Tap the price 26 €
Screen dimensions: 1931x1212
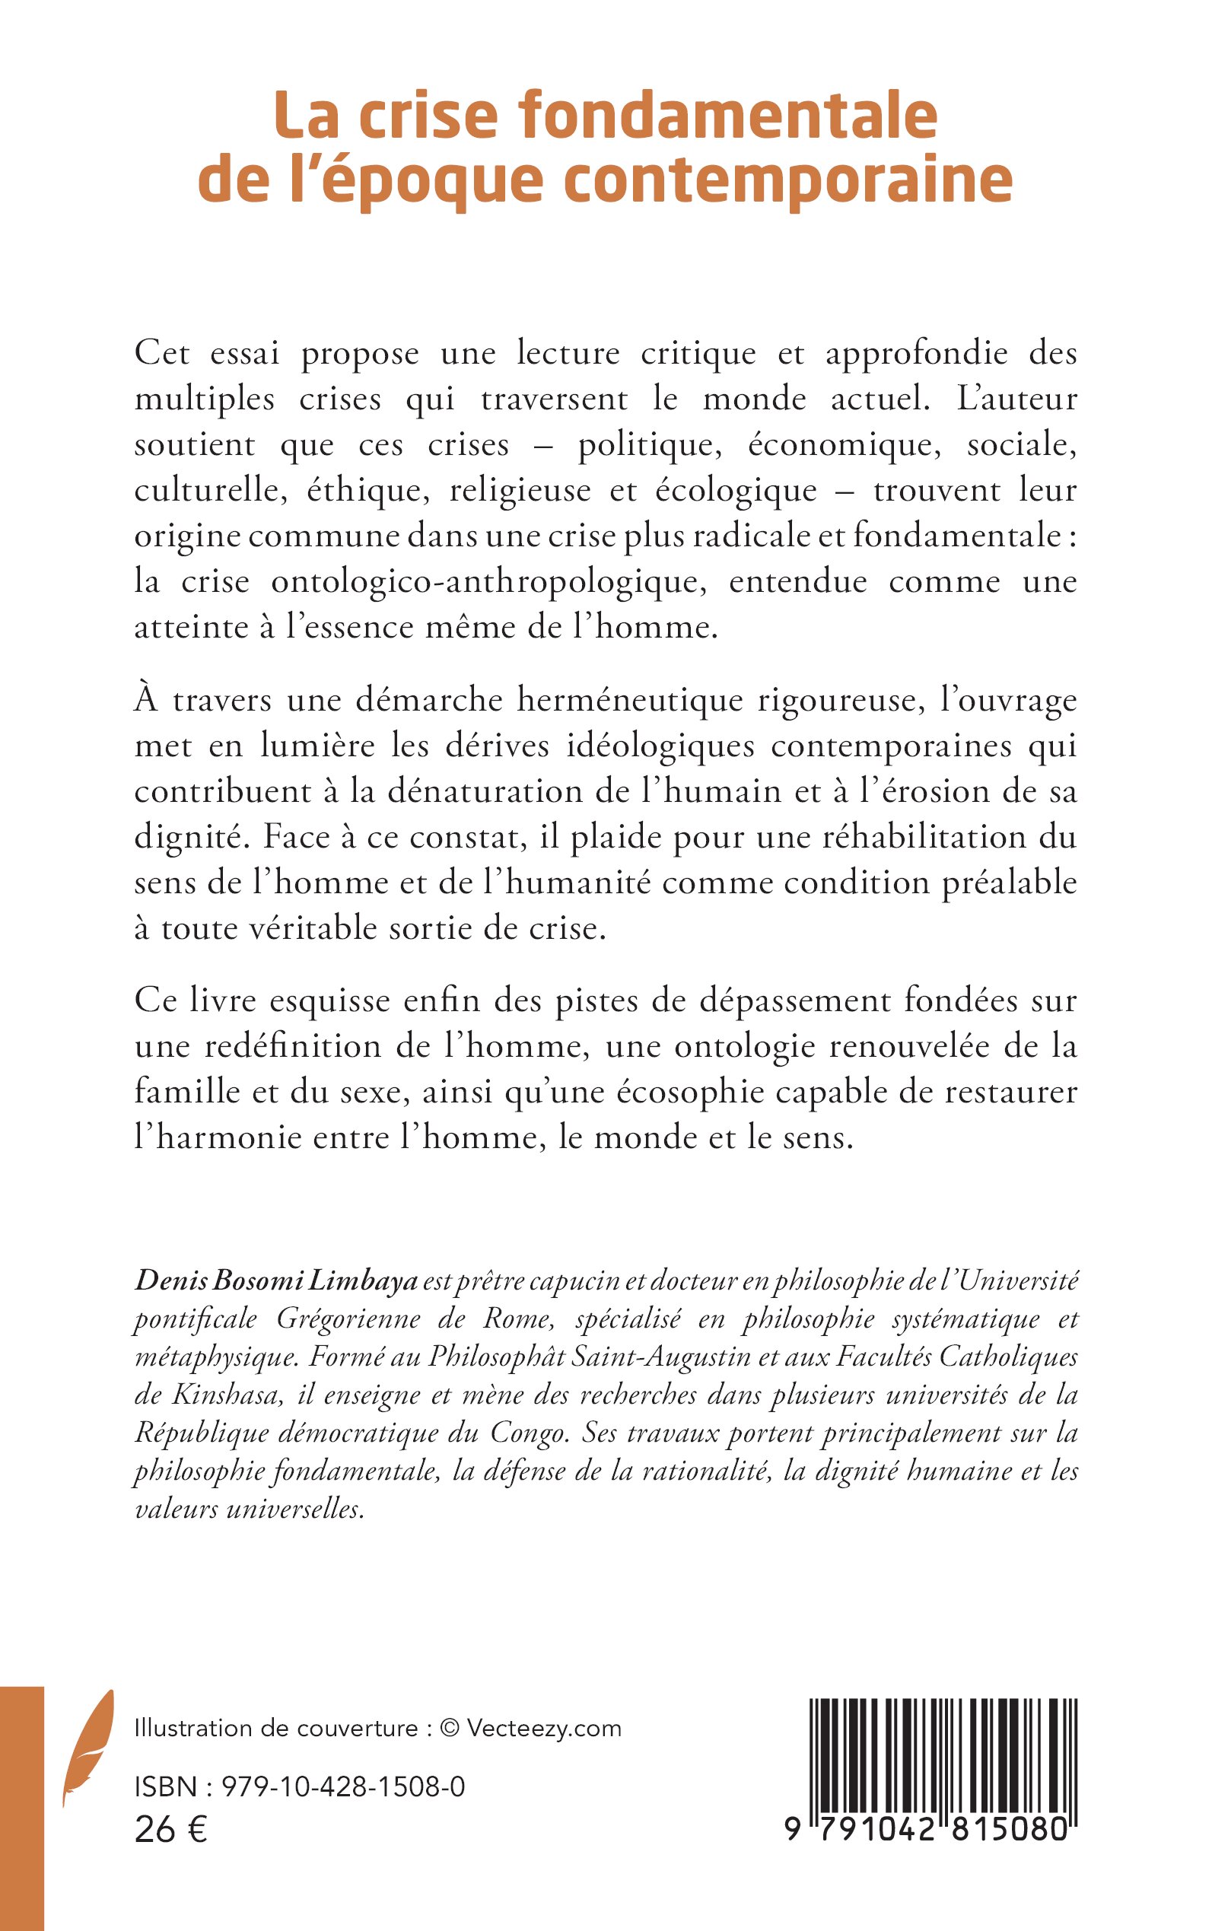click(170, 1831)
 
